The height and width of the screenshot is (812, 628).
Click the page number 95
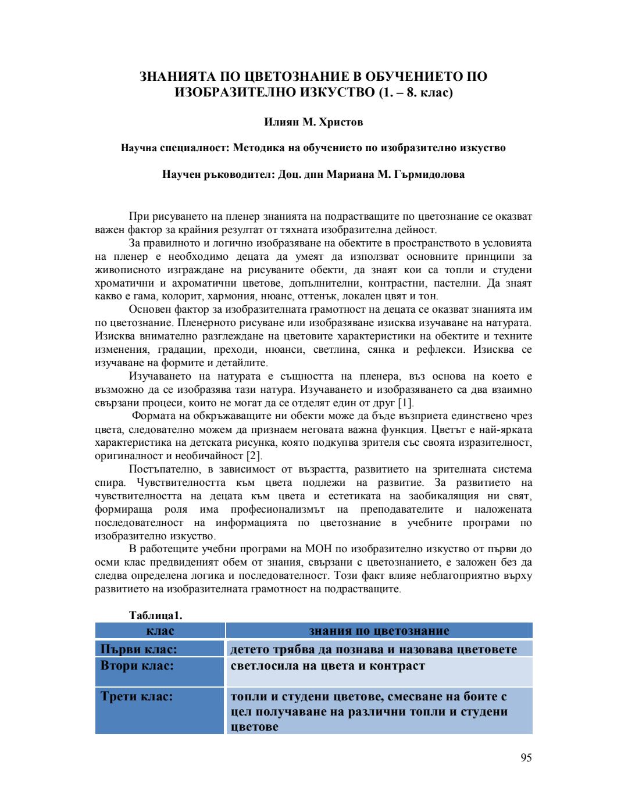[526, 757]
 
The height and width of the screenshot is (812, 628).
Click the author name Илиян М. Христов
[313, 122]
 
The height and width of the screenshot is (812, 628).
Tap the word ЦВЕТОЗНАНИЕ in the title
[302, 77]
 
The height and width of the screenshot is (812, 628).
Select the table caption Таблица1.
[155, 615]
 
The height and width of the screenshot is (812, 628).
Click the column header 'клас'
[160, 631]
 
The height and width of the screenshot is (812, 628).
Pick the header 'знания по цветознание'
[379, 631]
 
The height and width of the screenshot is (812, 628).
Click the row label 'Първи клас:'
[138, 649]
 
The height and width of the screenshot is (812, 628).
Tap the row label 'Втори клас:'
[137, 666]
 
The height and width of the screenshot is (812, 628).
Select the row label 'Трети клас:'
[136, 696]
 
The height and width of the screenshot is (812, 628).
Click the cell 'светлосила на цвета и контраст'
[327, 666]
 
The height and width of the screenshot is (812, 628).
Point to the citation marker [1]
[405, 403]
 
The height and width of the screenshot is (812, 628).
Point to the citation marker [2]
[254, 456]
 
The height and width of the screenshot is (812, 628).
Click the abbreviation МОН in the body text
[318, 549]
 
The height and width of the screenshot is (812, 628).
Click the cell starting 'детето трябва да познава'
[373, 649]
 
